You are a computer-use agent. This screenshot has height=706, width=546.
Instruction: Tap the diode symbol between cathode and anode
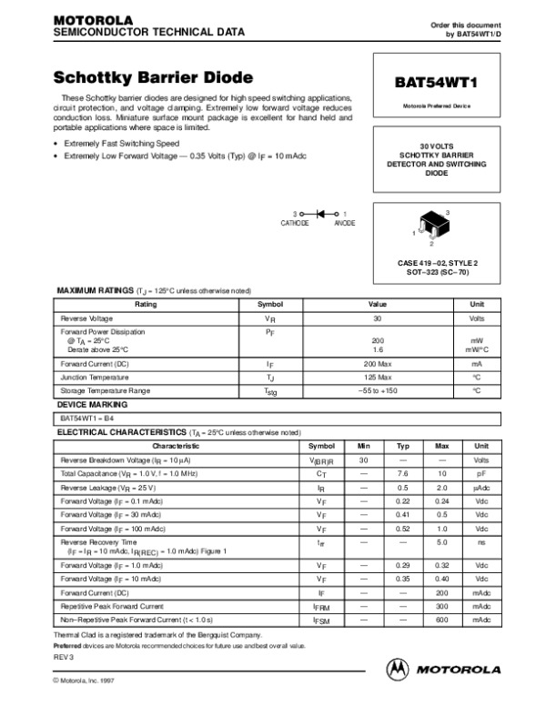pyautogui.click(x=318, y=213)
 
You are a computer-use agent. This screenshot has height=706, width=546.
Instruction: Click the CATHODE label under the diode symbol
pyautogui.click(x=295, y=223)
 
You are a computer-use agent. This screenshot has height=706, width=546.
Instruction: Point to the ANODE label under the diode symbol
pyautogui.click(x=345, y=223)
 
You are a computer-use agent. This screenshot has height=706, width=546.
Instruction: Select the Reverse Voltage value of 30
pyautogui.click(x=378, y=319)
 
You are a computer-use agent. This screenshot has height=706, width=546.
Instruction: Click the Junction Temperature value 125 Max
pyautogui.click(x=378, y=376)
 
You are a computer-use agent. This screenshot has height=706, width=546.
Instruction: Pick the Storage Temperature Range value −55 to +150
pyautogui.click(x=378, y=390)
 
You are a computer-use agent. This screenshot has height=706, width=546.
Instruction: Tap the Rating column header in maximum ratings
pyautogui.click(x=147, y=305)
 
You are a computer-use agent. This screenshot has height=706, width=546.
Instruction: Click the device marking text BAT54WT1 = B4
pyautogui.click(x=87, y=418)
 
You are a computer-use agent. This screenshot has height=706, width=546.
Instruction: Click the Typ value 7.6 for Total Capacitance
pyautogui.click(x=402, y=474)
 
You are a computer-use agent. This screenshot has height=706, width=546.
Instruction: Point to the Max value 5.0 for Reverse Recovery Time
pyautogui.click(x=442, y=542)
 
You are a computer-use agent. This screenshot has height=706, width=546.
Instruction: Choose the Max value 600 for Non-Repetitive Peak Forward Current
pyautogui.click(x=442, y=619)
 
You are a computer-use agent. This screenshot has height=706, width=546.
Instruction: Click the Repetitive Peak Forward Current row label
pyautogui.click(x=112, y=605)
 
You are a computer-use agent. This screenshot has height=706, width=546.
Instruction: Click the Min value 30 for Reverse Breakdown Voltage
pyautogui.click(x=363, y=460)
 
